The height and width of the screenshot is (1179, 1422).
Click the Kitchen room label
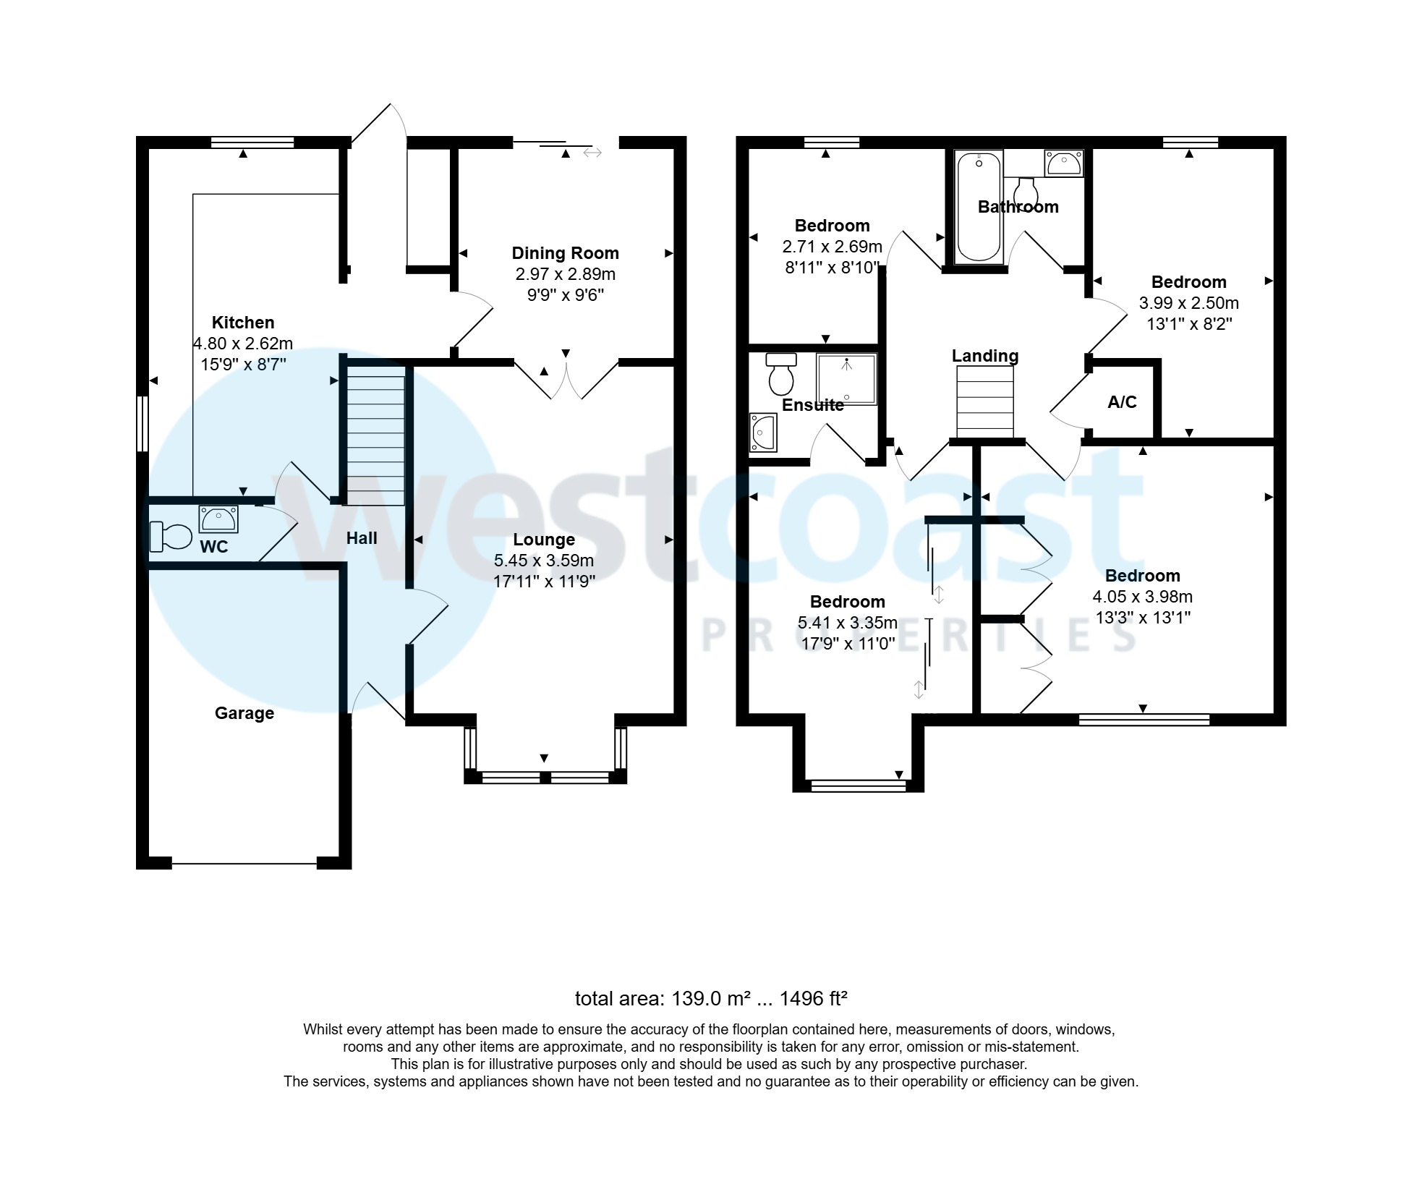243,323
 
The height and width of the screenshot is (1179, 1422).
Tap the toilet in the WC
171,537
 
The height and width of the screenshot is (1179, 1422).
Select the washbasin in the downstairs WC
218,519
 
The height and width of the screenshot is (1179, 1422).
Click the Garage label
244,713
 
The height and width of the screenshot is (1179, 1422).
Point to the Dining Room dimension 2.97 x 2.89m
565,274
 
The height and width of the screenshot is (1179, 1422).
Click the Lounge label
544,540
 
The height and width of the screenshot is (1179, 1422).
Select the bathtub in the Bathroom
979,207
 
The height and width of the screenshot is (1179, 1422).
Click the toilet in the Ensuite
780,374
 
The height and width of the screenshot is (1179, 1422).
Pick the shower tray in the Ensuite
846,378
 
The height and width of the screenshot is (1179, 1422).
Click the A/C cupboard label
1122,402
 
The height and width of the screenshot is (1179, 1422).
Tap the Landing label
984,356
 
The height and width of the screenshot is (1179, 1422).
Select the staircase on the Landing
984,402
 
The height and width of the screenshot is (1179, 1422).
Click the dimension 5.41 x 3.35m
847,623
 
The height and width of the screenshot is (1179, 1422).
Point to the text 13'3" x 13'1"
1142,618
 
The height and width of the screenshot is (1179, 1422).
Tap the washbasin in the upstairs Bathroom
1063,163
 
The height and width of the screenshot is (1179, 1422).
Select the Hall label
362,538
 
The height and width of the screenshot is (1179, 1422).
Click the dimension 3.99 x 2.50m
1188,303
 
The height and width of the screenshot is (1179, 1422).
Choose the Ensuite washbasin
762,433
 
